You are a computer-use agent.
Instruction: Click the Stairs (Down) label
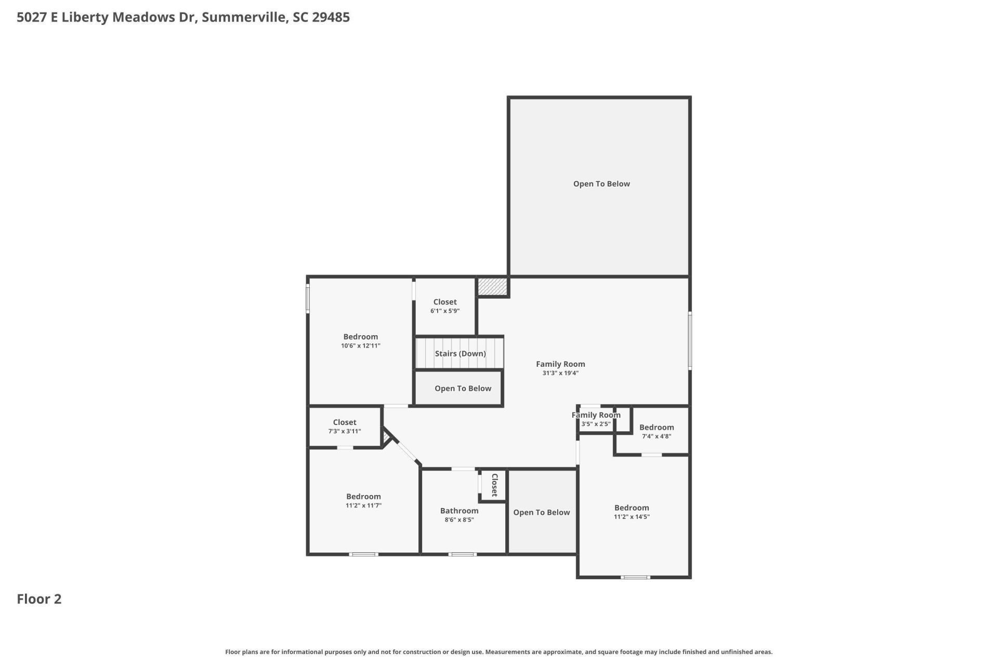[x=460, y=354]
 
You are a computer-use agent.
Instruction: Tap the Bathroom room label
[x=459, y=511]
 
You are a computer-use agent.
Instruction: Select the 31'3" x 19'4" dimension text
[x=560, y=373]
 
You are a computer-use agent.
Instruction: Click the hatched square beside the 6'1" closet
[x=492, y=286]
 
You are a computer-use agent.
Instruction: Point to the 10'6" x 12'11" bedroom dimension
[x=361, y=345]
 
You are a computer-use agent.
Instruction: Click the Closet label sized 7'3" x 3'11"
[x=345, y=422]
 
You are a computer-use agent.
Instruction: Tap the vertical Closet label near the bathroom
[x=494, y=485]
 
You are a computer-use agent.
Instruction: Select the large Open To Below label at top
[x=601, y=184]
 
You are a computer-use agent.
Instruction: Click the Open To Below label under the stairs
[x=463, y=389]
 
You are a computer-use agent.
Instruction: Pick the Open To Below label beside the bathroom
[x=542, y=512]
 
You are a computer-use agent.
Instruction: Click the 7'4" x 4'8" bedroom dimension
[x=656, y=436]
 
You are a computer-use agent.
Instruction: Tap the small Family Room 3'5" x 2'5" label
[x=596, y=415]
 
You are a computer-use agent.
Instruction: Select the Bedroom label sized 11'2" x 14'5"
[x=632, y=508]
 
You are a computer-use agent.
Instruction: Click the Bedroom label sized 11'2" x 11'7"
[x=363, y=497]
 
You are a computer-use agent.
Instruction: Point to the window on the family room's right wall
[x=690, y=340]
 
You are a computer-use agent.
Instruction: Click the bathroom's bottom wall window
[x=463, y=554]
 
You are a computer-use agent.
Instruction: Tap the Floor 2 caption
[x=39, y=599]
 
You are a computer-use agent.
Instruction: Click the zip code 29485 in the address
[x=331, y=17]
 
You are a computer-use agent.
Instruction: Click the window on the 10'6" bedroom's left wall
[x=308, y=298]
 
